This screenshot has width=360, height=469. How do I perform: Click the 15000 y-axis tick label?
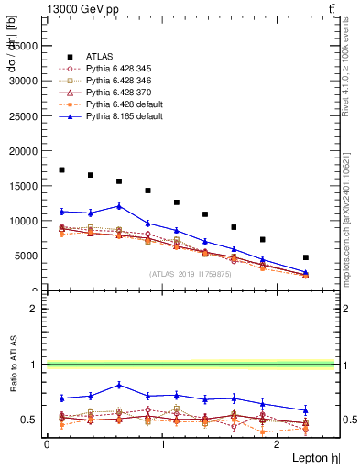(25, 186)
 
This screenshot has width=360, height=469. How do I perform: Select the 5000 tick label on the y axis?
(27, 256)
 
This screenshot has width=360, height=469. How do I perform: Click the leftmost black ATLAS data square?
(61, 169)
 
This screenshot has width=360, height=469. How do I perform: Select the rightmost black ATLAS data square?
(305, 257)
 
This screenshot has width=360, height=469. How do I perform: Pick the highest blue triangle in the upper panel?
(119, 206)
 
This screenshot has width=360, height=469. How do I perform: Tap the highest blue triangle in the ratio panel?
(119, 385)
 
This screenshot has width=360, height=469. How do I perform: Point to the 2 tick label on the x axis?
(278, 443)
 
